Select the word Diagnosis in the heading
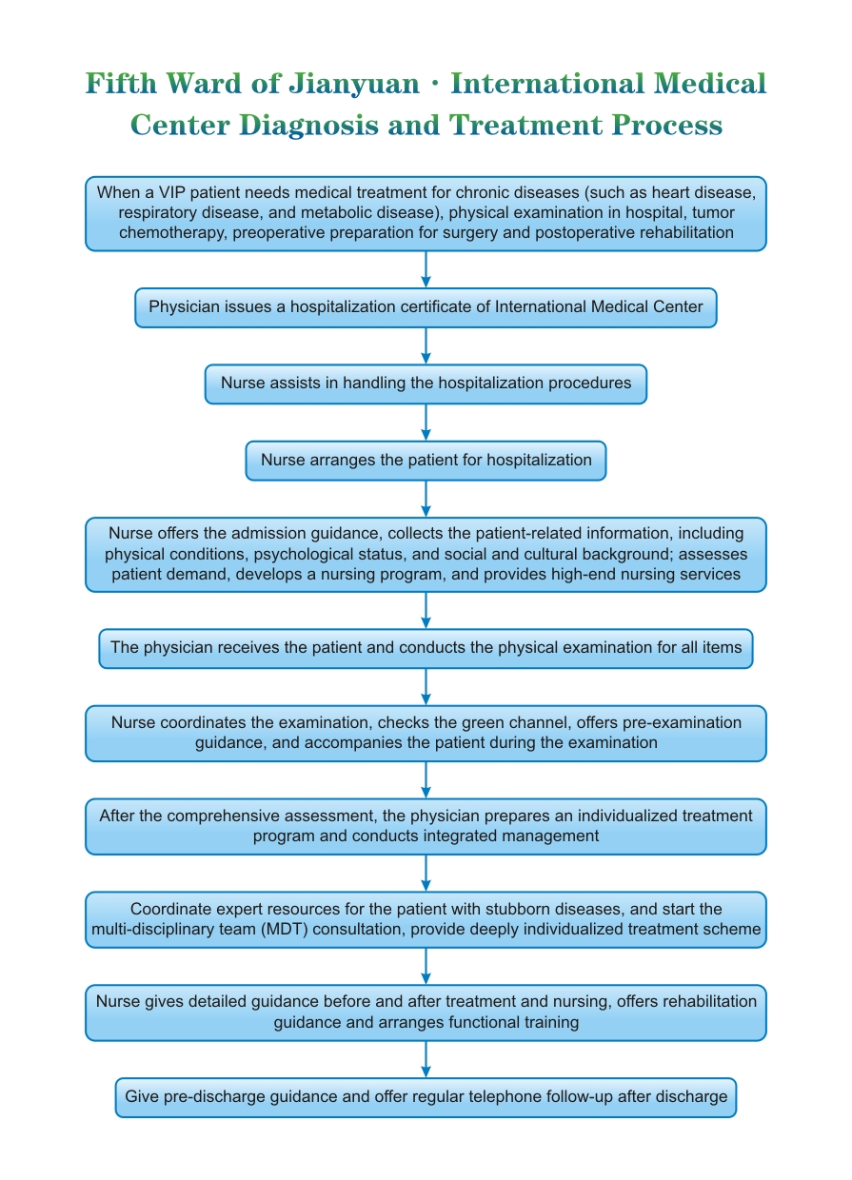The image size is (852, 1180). [308, 126]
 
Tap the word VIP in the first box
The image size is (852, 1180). [171, 192]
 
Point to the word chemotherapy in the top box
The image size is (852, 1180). [173, 232]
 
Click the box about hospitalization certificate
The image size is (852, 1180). [426, 307]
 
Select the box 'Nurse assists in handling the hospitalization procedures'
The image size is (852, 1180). [426, 384]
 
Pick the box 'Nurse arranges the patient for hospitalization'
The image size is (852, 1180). [426, 461]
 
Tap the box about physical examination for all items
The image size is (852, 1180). [426, 648]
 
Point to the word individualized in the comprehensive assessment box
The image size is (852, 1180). [627, 816]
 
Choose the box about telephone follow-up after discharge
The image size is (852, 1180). [426, 1097]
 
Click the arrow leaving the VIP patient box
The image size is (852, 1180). [426, 269]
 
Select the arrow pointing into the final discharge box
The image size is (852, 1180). [426, 1059]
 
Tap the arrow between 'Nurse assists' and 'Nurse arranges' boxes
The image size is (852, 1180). [426, 423]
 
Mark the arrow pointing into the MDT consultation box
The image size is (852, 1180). [426, 873]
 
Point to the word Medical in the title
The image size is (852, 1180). [710, 84]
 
